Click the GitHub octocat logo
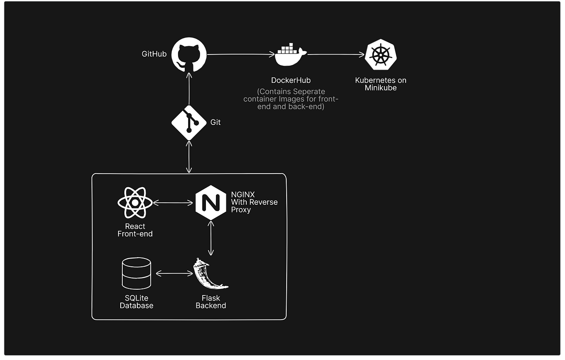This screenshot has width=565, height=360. pos(189,54)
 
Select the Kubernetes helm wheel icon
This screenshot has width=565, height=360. pos(381,55)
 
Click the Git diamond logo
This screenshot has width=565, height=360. pos(189,122)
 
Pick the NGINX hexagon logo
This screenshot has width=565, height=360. pos(211,203)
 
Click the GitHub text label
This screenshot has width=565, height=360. pos(154,54)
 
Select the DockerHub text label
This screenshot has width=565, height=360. pos(291,80)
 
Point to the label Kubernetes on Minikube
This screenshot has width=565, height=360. pos(381,84)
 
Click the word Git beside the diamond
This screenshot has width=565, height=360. pos(216,122)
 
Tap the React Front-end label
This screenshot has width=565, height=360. pos(135,230)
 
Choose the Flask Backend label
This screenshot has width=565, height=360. pos(211,302)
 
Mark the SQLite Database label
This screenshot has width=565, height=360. pos(136,302)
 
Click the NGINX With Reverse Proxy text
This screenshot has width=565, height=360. pos(254,202)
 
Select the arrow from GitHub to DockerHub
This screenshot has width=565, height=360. pos(241,54)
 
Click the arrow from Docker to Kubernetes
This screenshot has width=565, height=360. pos(335,54)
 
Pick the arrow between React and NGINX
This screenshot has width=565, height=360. pos(173,203)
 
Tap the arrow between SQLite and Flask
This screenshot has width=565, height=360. pos(174,273)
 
